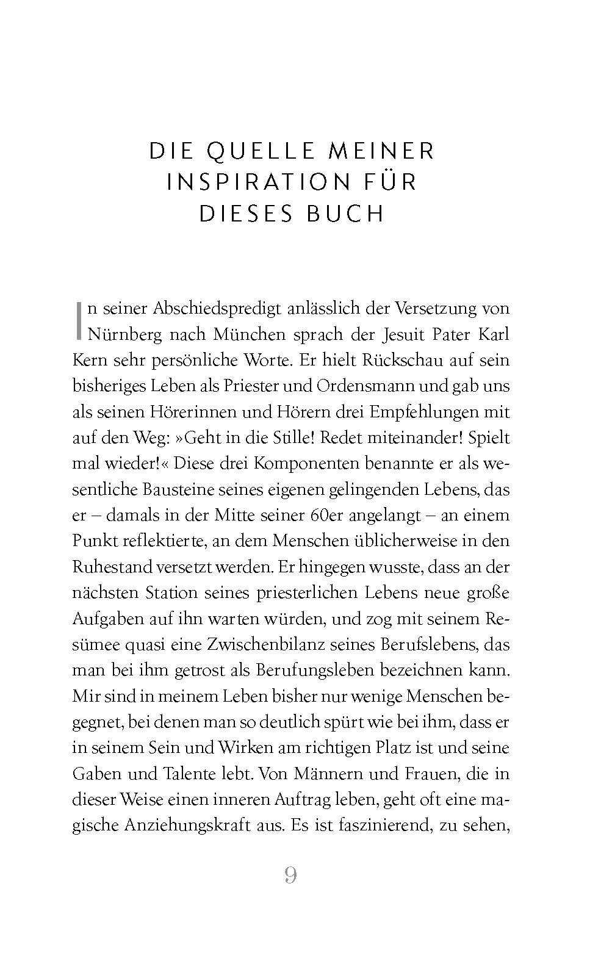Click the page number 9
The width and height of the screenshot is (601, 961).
291,876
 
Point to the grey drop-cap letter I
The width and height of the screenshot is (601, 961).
78,320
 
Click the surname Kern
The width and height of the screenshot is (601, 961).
89,360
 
